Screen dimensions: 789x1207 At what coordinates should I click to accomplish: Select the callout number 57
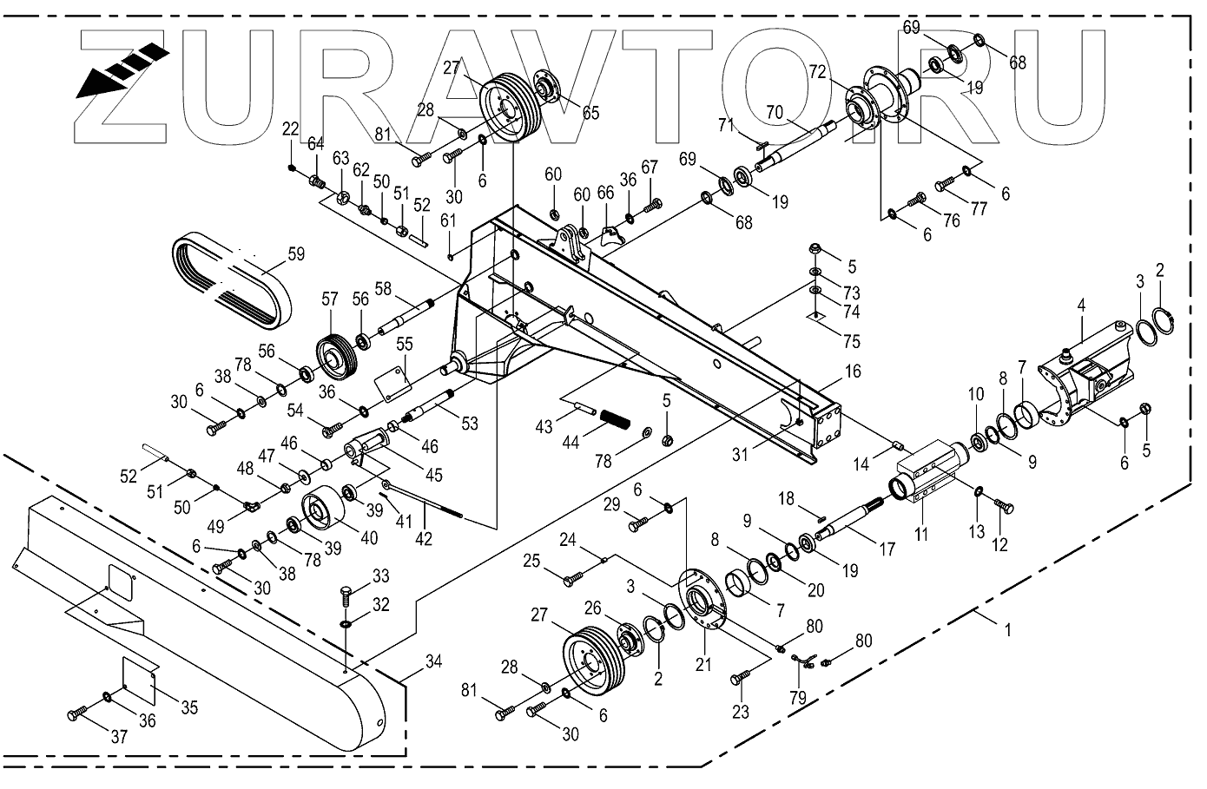329,299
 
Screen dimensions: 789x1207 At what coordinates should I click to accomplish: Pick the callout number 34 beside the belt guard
433,663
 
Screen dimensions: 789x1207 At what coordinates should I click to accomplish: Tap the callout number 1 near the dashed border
1007,631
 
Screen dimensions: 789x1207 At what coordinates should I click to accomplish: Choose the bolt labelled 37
76,715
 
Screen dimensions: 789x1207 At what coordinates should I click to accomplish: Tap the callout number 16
853,371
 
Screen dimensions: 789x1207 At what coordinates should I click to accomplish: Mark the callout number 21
702,666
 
